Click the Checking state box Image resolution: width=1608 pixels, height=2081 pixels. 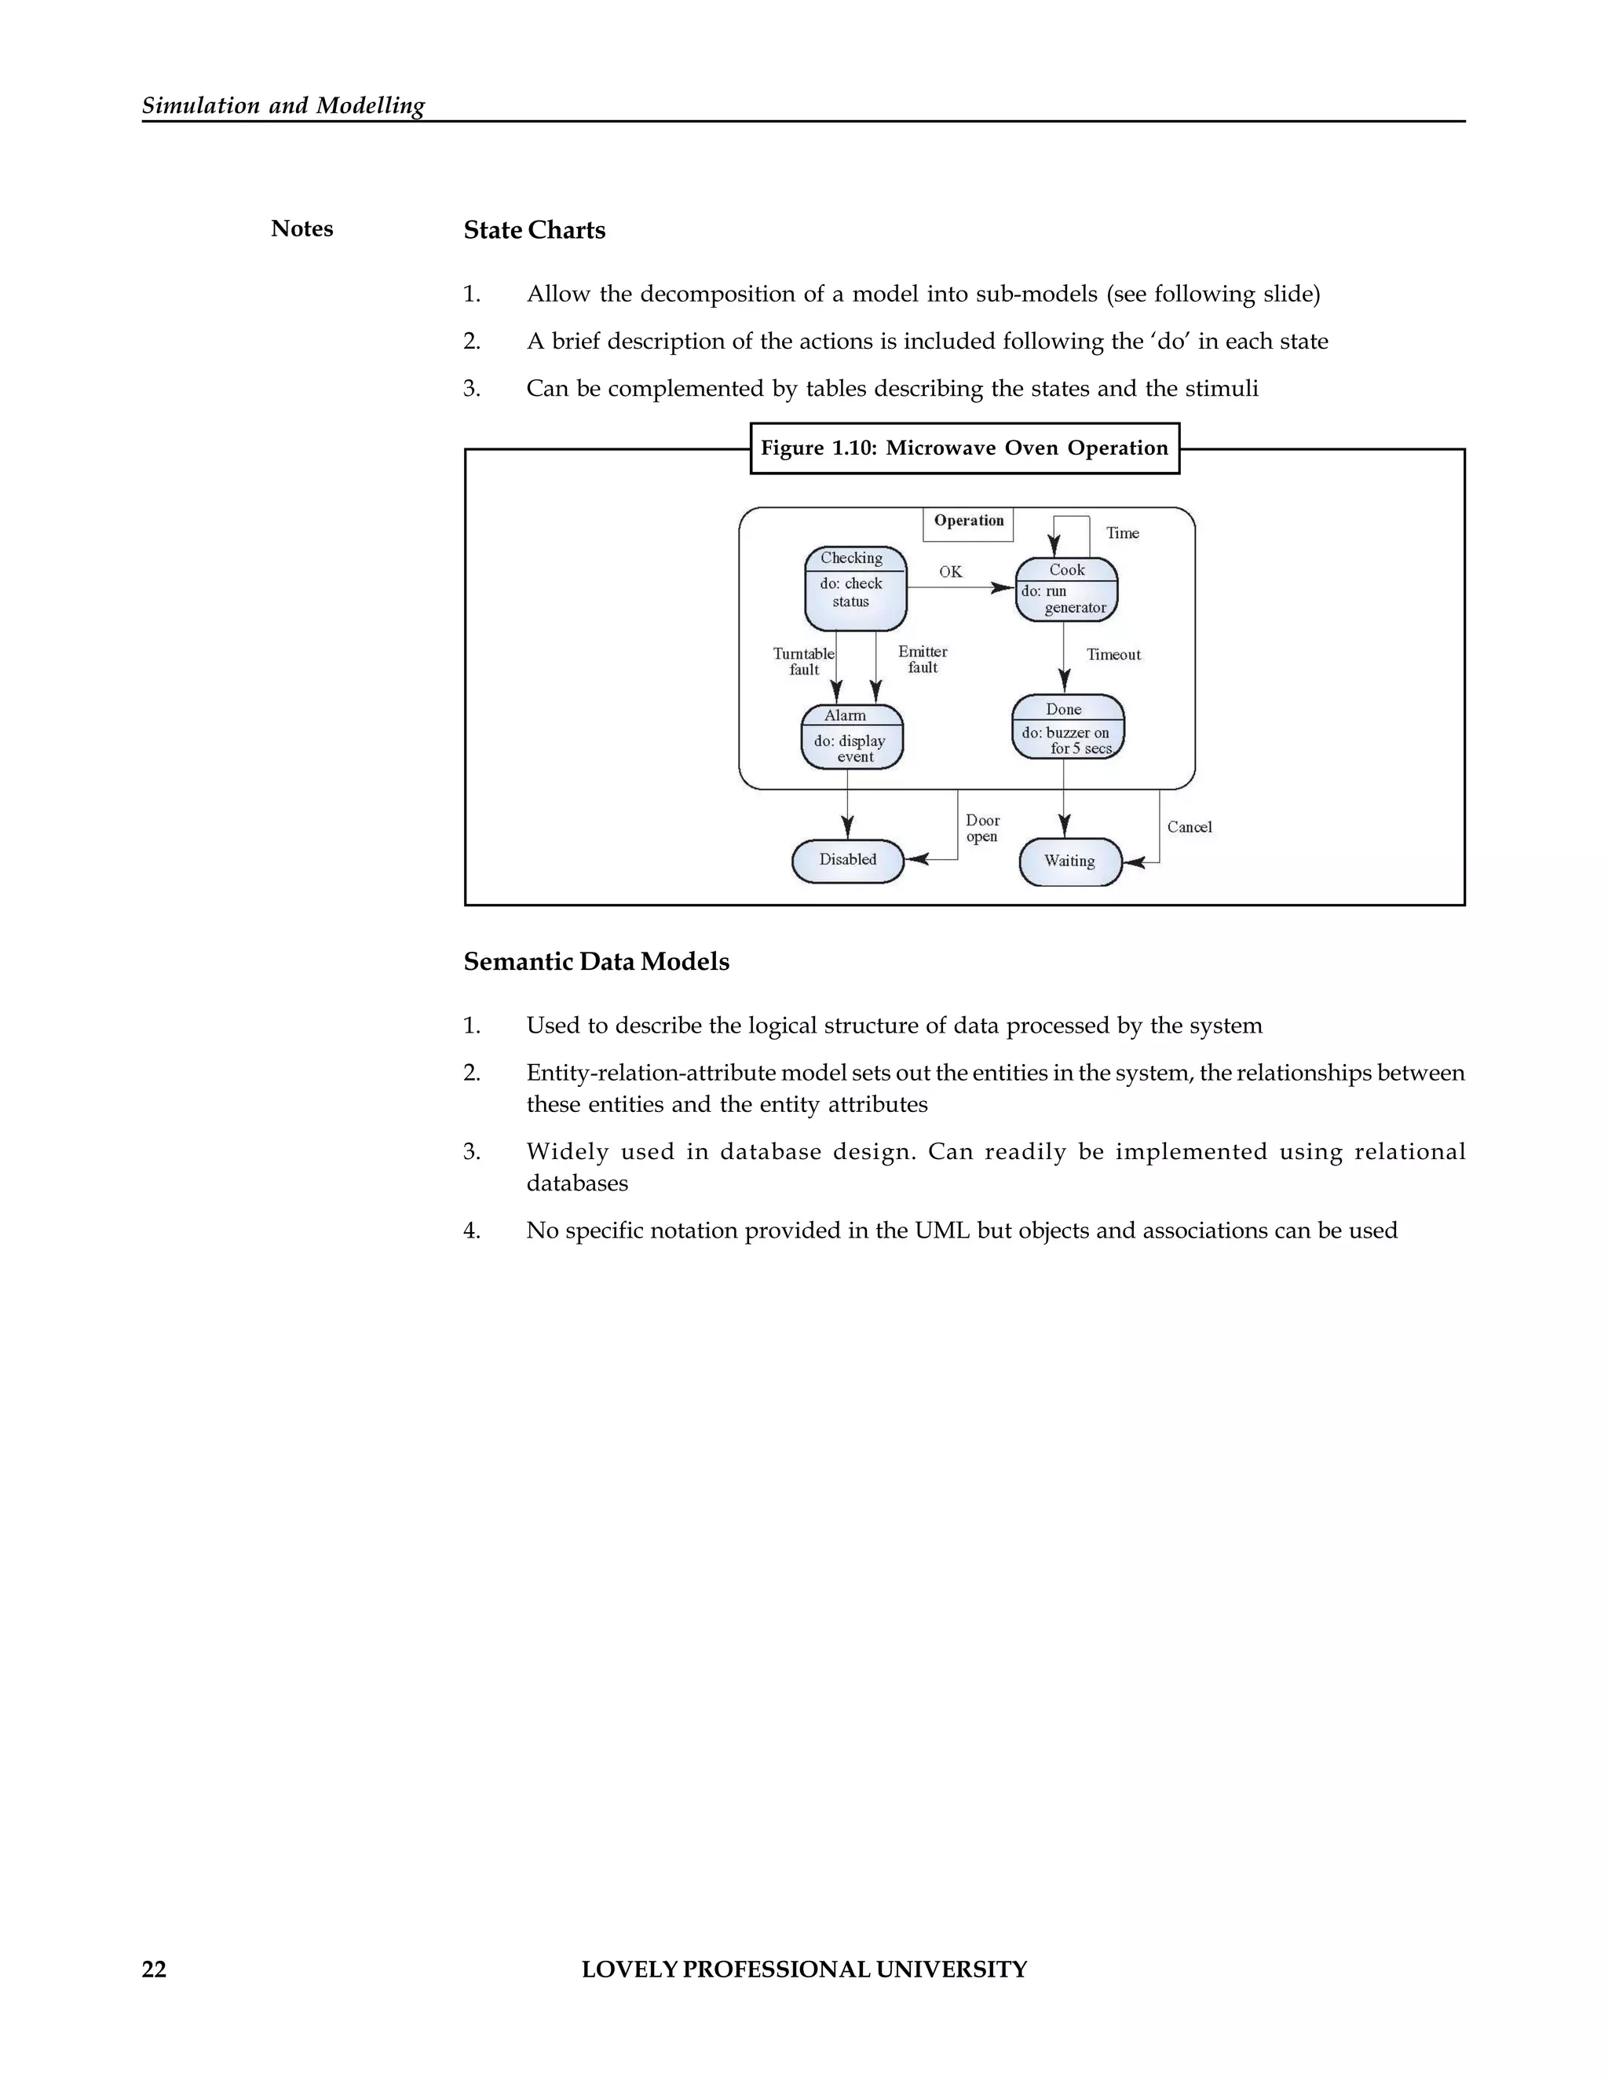coord(854,588)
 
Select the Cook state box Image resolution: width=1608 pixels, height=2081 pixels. coord(1066,590)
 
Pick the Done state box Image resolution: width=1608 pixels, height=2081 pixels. coord(1067,727)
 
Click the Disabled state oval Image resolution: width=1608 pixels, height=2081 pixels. coord(847,861)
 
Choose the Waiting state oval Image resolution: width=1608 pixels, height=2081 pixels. coord(1070,861)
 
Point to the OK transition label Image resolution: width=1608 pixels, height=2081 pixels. coord(950,572)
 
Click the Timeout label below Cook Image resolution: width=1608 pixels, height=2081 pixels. coord(1113,655)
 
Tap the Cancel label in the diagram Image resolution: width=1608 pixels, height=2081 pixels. coord(1189,827)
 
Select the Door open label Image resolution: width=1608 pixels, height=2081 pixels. coord(982,828)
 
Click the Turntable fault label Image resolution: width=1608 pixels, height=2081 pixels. coord(803,661)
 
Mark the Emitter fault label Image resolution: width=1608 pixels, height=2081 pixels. coord(922,660)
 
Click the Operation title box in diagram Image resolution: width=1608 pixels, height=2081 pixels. coord(968,522)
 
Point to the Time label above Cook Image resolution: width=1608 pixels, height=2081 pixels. coord(1122,533)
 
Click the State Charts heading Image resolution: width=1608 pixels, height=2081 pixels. coord(535,231)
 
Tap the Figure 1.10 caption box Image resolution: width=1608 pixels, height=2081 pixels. coord(964,448)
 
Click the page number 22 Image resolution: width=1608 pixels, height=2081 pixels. coord(155,1969)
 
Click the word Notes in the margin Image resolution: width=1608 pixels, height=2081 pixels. coord(302,229)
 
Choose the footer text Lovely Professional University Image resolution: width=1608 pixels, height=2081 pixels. coord(804,1969)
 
